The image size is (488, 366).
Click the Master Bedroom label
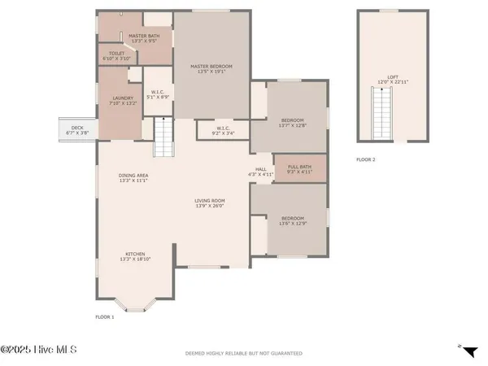(211, 68)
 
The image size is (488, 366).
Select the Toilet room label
(111, 57)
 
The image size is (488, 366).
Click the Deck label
(77, 129)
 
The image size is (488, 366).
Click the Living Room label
(209, 203)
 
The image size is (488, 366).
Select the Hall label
(262, 171)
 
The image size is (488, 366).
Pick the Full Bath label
(298, 169)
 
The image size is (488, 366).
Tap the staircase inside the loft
(380, 114)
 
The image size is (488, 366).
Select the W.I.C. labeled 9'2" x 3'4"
(222, 129)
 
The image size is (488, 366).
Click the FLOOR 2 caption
(366, 160)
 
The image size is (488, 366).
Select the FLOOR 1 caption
(105, 316)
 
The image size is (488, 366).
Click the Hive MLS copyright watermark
(38, 350)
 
